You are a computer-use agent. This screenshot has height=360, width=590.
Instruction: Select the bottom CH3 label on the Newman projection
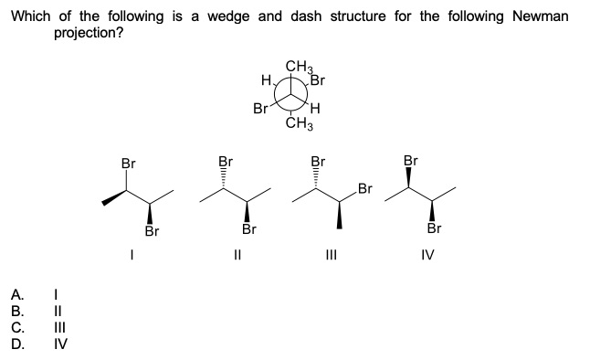coord(299,123)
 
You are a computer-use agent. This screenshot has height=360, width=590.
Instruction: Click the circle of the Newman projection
coord(294,94)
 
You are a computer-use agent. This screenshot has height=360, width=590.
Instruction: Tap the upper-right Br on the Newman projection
coord(319,78)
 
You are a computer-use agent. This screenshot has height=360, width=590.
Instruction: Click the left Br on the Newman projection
coord(260,110)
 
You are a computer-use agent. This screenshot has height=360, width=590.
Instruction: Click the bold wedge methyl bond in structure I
coord(112,197)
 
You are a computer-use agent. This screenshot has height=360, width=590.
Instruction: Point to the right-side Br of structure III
coord(365,190)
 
